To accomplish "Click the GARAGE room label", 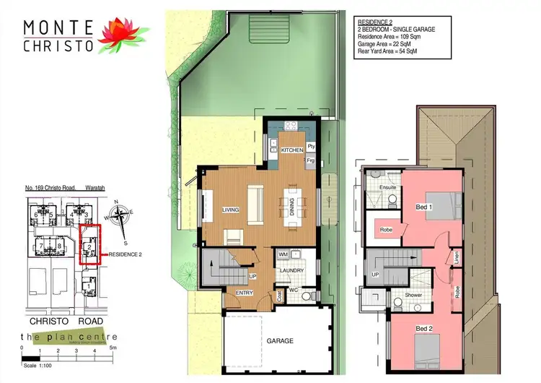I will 281,340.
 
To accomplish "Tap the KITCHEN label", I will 292,149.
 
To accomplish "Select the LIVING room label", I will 230,210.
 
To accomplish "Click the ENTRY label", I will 245,293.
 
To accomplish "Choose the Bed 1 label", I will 424,207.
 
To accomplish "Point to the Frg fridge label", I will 310,160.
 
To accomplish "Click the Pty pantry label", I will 310,145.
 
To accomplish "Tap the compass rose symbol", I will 119,215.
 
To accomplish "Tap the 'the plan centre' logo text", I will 69,337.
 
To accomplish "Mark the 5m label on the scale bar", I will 113,348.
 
